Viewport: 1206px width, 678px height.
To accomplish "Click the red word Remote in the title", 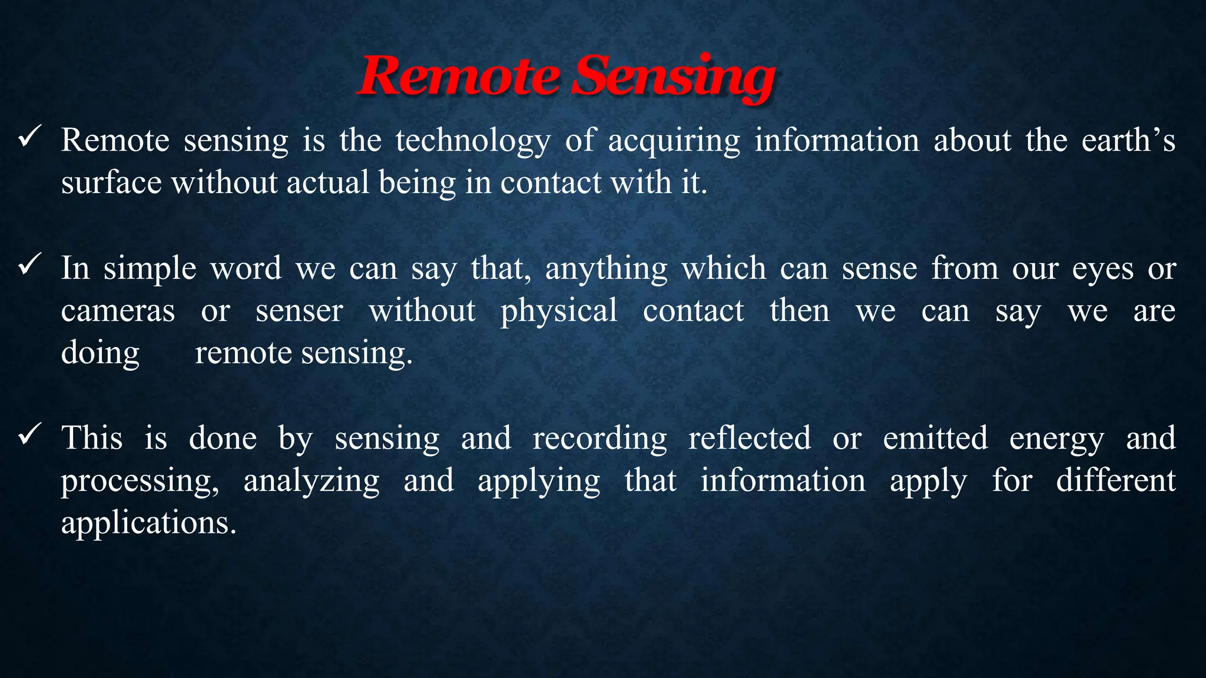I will tap(458, 77).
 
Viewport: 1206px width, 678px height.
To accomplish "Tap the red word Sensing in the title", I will tap(672, 78).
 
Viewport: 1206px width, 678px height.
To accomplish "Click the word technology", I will tap(473, 142).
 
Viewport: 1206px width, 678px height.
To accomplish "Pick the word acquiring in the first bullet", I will tap(674, 142).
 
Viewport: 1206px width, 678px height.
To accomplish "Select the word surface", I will tap(111, 182).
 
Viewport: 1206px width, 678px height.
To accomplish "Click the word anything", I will tap(606, 270).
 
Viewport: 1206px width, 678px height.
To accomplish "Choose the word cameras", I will tap(118, 311).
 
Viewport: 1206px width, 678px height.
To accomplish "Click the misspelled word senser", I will tap(299, 311).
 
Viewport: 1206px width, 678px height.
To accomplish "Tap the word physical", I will tap(559, 311).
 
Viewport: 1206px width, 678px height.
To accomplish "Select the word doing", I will tap(100, 354).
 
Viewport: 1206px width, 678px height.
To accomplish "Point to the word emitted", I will tap(935, 438).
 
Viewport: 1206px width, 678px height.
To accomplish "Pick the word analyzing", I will tap(312, 481).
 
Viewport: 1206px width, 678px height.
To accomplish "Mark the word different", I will tap(1115, 480).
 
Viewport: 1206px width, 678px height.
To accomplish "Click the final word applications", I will tap(148, 523).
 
